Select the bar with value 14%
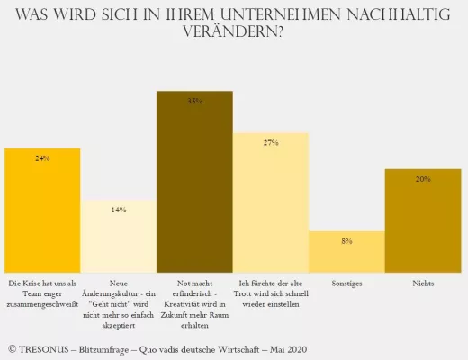(x=119, y=236)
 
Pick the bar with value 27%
(x=271, y=202)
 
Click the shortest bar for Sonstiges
(x=346, y=252)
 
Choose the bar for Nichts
(x=423, y=220)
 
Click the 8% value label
(x=346, y=241)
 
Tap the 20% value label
(x=423, y=179)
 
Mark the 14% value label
(x=119, y=210)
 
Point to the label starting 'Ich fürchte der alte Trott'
(x=271, y=290)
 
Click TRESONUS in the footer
(x=49, y=346)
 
